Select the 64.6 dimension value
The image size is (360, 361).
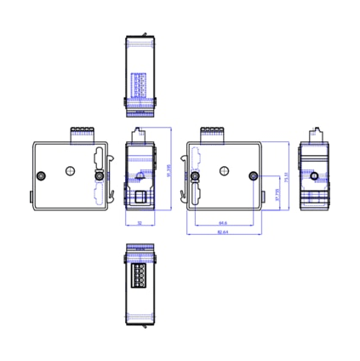tap(223, 223)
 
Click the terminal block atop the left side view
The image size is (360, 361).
tap(82, 132)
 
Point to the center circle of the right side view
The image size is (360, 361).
tap(224, 169)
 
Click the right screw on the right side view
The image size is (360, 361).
tap(252, 176)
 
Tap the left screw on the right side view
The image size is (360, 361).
tap(196, 176)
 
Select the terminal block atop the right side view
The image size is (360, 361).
tap(212, 132)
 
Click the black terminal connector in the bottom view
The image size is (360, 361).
tap(139, 275)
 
